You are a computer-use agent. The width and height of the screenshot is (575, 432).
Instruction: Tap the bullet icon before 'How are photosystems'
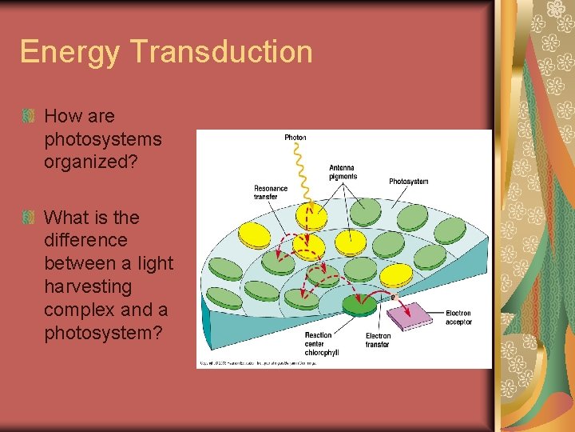tap(29, 117)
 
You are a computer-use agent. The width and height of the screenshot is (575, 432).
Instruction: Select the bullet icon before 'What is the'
tap(29, 218)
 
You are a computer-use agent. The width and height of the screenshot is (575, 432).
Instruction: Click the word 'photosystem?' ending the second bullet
tap(102, 332)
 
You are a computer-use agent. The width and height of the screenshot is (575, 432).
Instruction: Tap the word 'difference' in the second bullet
tap(85, 240)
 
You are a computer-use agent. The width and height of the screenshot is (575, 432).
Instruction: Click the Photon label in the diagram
tap(295, 138)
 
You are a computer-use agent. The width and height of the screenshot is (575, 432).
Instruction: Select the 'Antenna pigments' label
tap(343, 172)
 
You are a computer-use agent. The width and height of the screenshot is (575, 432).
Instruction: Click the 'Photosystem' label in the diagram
tap(408, 182)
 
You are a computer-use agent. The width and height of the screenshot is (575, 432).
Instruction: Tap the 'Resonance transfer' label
tap(271, 193)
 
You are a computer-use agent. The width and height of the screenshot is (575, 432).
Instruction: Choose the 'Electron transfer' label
tap(378, 340)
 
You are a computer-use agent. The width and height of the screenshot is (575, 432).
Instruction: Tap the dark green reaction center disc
tap(359, 305)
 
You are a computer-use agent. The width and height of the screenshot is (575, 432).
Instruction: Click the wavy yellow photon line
tap(302, 172)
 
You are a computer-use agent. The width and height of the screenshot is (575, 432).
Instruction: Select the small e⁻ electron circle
tap(392, 297)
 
